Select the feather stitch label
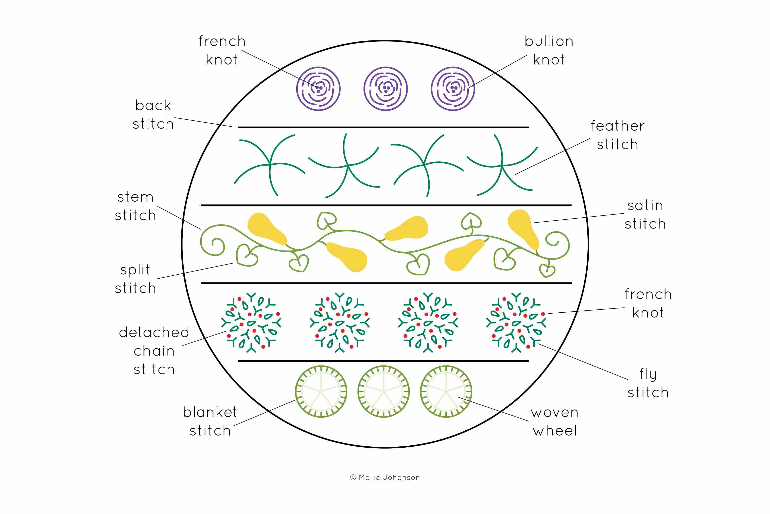click(617, 135)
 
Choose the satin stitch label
click(645, 215)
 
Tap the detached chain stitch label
click(154, 351)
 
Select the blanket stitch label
click(210, 421)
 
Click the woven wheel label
click(555, 421)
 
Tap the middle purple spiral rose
click(386, 89)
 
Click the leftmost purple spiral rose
click(318, 89)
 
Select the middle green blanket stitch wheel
click(383, 391)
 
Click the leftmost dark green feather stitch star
click(270, 165)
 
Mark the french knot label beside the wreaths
click(648, 303)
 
